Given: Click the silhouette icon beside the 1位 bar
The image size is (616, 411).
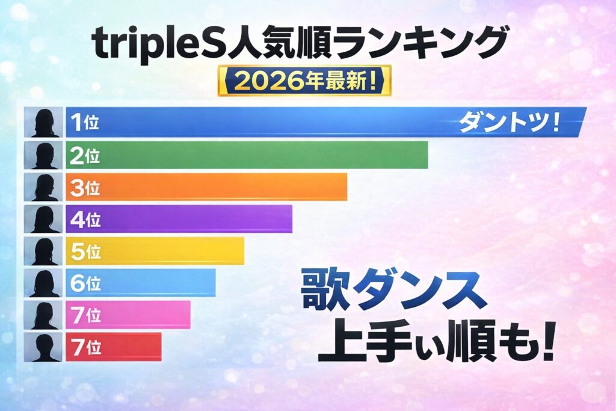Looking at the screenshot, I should [43, 122].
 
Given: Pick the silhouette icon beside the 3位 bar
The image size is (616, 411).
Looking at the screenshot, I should [43, 187].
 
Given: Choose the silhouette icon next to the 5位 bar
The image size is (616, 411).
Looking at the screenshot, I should [43, 250].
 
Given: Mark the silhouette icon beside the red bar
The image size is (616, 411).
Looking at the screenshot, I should [43, 347].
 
